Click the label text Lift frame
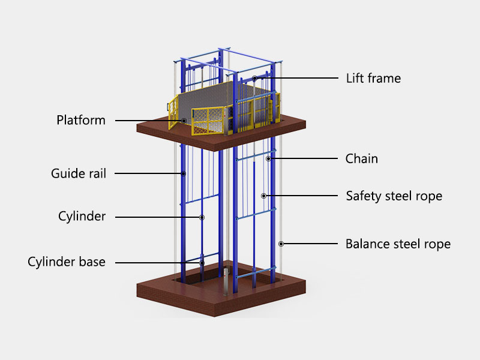[373, 78]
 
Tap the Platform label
[81, 120]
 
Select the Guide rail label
[79, 174]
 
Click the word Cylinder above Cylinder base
[82, 217]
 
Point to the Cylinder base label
[67, 262]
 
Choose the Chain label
[362, 159]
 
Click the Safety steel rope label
[394, 196]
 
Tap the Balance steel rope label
[398, 244]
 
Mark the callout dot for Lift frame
[255, 78]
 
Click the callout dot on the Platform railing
[184, 121]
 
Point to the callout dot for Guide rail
[184, 173]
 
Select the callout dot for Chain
[269, 159]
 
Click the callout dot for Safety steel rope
[263, 196]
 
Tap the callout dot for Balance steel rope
[281, 244]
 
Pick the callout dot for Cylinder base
[202, 263]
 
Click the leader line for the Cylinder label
[156, 217]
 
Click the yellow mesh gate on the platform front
[207, 121]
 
